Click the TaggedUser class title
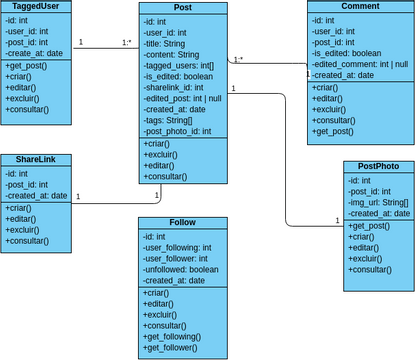pyautogui.click(x=36, y=6)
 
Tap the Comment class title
pyautogui.click(x=360, y=6)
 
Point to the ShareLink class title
pyautogui.click(x=36, y=160)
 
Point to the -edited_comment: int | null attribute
pyautogui.click(x=358, y=64)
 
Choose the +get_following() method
pyautogui.click(x=177, y=337)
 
